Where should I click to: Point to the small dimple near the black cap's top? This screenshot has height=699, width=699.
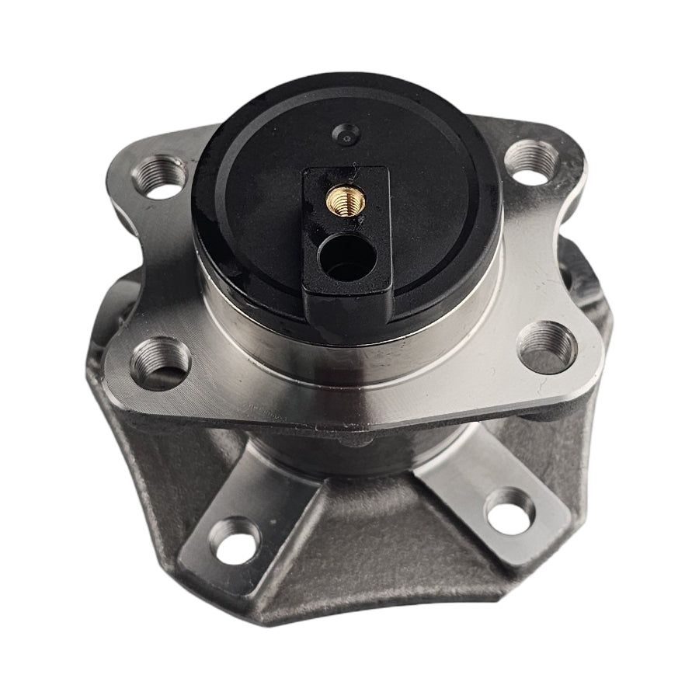pyautogui.click(x=344, y=134)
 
